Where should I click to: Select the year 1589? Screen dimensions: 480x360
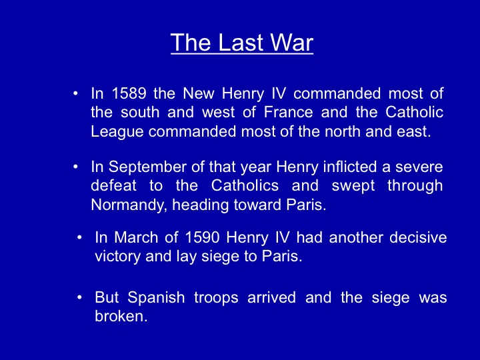(x=129, y=93)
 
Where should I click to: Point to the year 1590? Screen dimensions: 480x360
(x=203, y=237)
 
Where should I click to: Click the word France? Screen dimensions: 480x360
(x=289, y=112)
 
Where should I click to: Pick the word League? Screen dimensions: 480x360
(x=117, y=132)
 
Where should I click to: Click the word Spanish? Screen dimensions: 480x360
(x=156, y=298)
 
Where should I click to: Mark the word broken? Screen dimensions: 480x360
(x=121, y=316)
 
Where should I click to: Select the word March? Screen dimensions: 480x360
(x=136, y=237)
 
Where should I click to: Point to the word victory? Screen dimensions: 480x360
(x=117, y=257)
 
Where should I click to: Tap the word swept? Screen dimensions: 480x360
(x=353, y=186)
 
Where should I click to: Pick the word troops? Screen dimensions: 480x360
(x=216, y=298)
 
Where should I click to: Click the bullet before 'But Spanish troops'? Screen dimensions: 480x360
(x=79, y=297)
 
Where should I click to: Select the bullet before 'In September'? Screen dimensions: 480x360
(x=75, y=167)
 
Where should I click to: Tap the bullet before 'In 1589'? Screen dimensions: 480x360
(x=75, y=93)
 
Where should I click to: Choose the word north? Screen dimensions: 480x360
(x=343, y=131)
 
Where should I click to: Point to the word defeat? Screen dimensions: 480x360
(x=113, y=186)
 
